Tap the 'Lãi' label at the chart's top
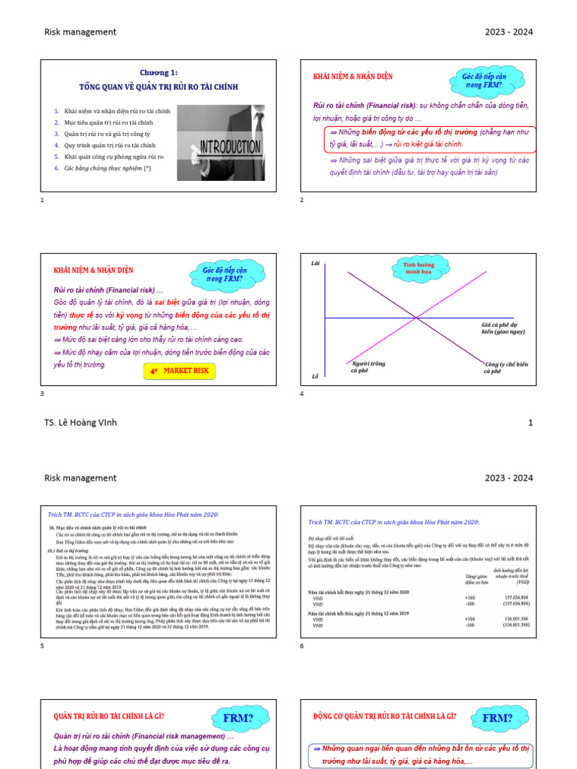[x=315, y=264]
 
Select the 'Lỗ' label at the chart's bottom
[x=315, y=376]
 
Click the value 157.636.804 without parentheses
[x=509, y=598]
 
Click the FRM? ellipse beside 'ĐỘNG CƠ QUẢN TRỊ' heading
[x=497, y=719]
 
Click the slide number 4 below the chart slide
[x=302, y=394]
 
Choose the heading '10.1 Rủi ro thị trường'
[x=68, y=550]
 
